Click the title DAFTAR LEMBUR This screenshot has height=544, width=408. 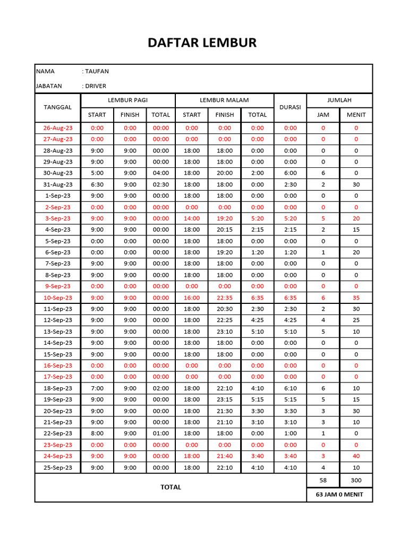click(202, 43)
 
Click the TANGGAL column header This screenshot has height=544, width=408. click(57, 107)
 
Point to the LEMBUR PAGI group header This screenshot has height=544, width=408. click(127, 100)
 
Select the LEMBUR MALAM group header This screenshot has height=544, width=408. click(224, 100)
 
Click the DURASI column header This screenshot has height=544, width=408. click(290, 107)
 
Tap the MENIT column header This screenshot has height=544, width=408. click(356, 114)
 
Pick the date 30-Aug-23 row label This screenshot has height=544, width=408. click(58, 173)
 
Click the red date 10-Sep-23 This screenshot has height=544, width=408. click(58, 298)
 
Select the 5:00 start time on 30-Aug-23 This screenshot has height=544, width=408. click(97, 173)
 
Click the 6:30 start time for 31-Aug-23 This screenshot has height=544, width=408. click(97, 184)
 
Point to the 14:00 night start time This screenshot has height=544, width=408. click(192, 218)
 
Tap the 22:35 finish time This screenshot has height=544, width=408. click(225, 298)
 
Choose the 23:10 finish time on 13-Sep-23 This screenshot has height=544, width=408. click(225, 332)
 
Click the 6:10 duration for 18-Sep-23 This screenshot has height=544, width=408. click(290, 388)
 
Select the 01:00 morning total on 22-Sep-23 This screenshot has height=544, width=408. click(161, 433)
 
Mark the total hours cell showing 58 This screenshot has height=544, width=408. click(323, 480)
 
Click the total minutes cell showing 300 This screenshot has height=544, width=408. click(356, 480)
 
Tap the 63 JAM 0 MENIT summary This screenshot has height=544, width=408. click(339, 495)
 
